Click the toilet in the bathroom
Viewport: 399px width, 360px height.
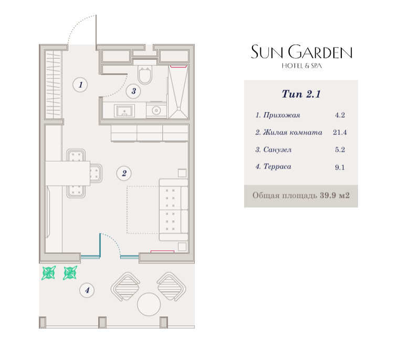(x=145, y=75)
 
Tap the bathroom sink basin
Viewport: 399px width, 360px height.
(x=124, y=111)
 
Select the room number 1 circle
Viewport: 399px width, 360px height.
(x=80, y=84)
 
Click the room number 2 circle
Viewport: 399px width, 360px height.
(x=124, y=173)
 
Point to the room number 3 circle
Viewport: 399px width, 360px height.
(x=133, y=91)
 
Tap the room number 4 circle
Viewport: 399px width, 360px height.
(x=87, y=290)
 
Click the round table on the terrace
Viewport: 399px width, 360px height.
(x=149, y=304)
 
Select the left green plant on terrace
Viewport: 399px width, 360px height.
(x=49, y=273)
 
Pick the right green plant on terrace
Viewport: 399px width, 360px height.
(x=70, y=273)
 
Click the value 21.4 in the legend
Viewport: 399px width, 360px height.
(x=340, y=132)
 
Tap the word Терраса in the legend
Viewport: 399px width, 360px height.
(x=277, y=167)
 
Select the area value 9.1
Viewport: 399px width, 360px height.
(x=340, y=167)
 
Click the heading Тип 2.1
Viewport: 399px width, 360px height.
(x=301, y=94)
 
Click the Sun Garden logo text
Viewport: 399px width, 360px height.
(x=301, y=52)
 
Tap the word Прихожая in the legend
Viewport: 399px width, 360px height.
(x=282, y=115)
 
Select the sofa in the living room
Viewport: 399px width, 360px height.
(x=174, y=210)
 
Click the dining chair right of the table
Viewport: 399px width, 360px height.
(x=96, y=173)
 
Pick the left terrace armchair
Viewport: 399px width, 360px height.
(x=125, y=287)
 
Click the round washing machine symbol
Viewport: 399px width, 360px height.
(x=156, y=110)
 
